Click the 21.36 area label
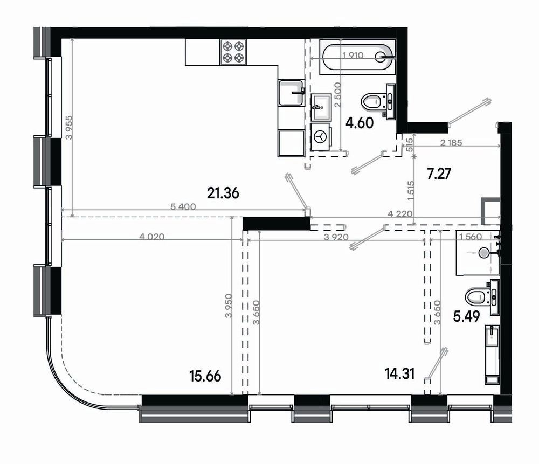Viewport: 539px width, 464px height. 223,193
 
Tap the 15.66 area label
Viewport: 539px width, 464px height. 205,376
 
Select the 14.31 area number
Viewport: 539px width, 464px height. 400,373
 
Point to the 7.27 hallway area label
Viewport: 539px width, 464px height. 439,174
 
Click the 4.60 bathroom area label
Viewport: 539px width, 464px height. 360,123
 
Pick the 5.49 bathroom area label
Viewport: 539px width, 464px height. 466,316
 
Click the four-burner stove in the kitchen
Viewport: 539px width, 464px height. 233,52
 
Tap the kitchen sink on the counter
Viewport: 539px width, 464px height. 292,93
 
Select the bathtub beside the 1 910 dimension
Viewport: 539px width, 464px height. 357,57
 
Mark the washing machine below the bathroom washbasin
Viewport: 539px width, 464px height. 321,137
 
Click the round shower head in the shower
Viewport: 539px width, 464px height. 483,253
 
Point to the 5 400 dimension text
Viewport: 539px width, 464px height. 183,206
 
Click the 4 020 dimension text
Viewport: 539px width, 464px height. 151,237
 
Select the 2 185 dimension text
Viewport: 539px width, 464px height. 451,142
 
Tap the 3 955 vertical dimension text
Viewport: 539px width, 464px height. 69,127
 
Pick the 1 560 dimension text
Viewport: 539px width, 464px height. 471,237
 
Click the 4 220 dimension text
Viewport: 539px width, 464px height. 400,214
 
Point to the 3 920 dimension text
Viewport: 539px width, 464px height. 336,237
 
